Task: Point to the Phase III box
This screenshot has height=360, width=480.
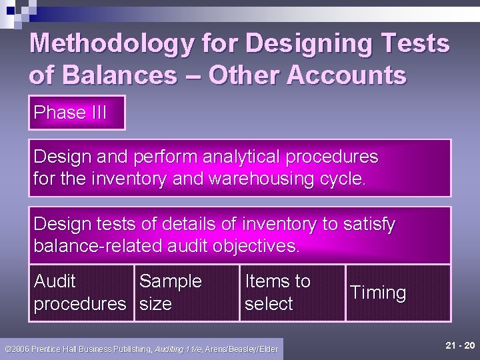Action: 77,113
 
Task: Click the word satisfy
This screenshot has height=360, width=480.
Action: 369,224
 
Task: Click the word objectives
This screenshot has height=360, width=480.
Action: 257,246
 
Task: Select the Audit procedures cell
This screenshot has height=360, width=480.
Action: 80,293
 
